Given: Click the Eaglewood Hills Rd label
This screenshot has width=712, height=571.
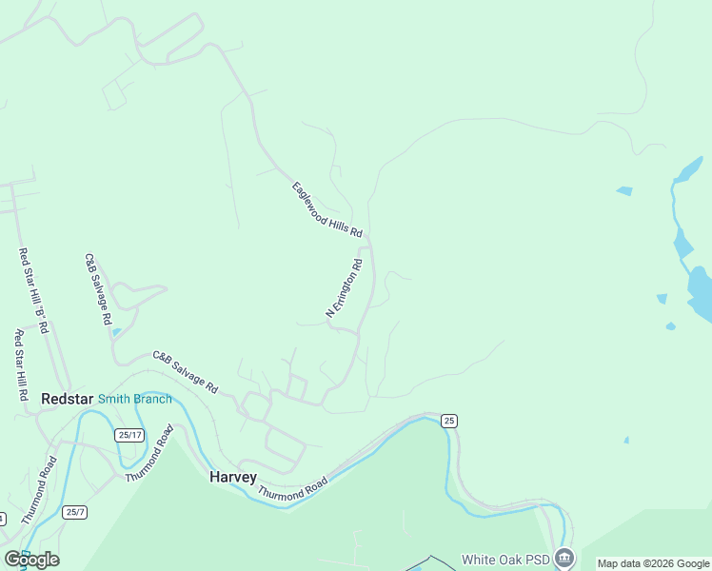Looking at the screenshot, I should point(327,209).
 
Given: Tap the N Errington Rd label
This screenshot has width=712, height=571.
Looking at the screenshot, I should point(345,288).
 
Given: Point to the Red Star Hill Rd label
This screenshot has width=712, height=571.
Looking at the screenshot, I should point(20,364).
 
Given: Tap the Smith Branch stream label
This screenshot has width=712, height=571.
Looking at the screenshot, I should point(135,400).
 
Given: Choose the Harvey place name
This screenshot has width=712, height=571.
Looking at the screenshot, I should point(233,477).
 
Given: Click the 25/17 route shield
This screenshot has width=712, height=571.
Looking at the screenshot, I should point(129,435).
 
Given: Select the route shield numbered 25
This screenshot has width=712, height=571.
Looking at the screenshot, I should point(449,421).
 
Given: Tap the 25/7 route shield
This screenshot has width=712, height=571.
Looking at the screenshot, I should point(75,512).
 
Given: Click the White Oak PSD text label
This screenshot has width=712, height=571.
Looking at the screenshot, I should point(504,559).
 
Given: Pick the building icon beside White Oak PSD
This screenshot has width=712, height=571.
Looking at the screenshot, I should point(565,558).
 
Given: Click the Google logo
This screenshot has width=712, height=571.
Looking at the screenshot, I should point(31,559).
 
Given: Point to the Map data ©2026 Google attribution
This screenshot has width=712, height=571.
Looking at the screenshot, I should point(653,564).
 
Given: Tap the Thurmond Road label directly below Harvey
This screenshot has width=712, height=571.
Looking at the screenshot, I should point(292,489).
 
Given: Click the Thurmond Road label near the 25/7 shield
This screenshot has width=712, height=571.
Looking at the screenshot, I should point(39,491).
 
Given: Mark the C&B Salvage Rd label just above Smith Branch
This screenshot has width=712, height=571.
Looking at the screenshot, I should point(186,372).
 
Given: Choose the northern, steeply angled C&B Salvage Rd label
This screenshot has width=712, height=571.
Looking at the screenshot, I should point(98,289).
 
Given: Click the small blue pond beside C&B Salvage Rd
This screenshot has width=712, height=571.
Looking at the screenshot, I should point(116,332).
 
